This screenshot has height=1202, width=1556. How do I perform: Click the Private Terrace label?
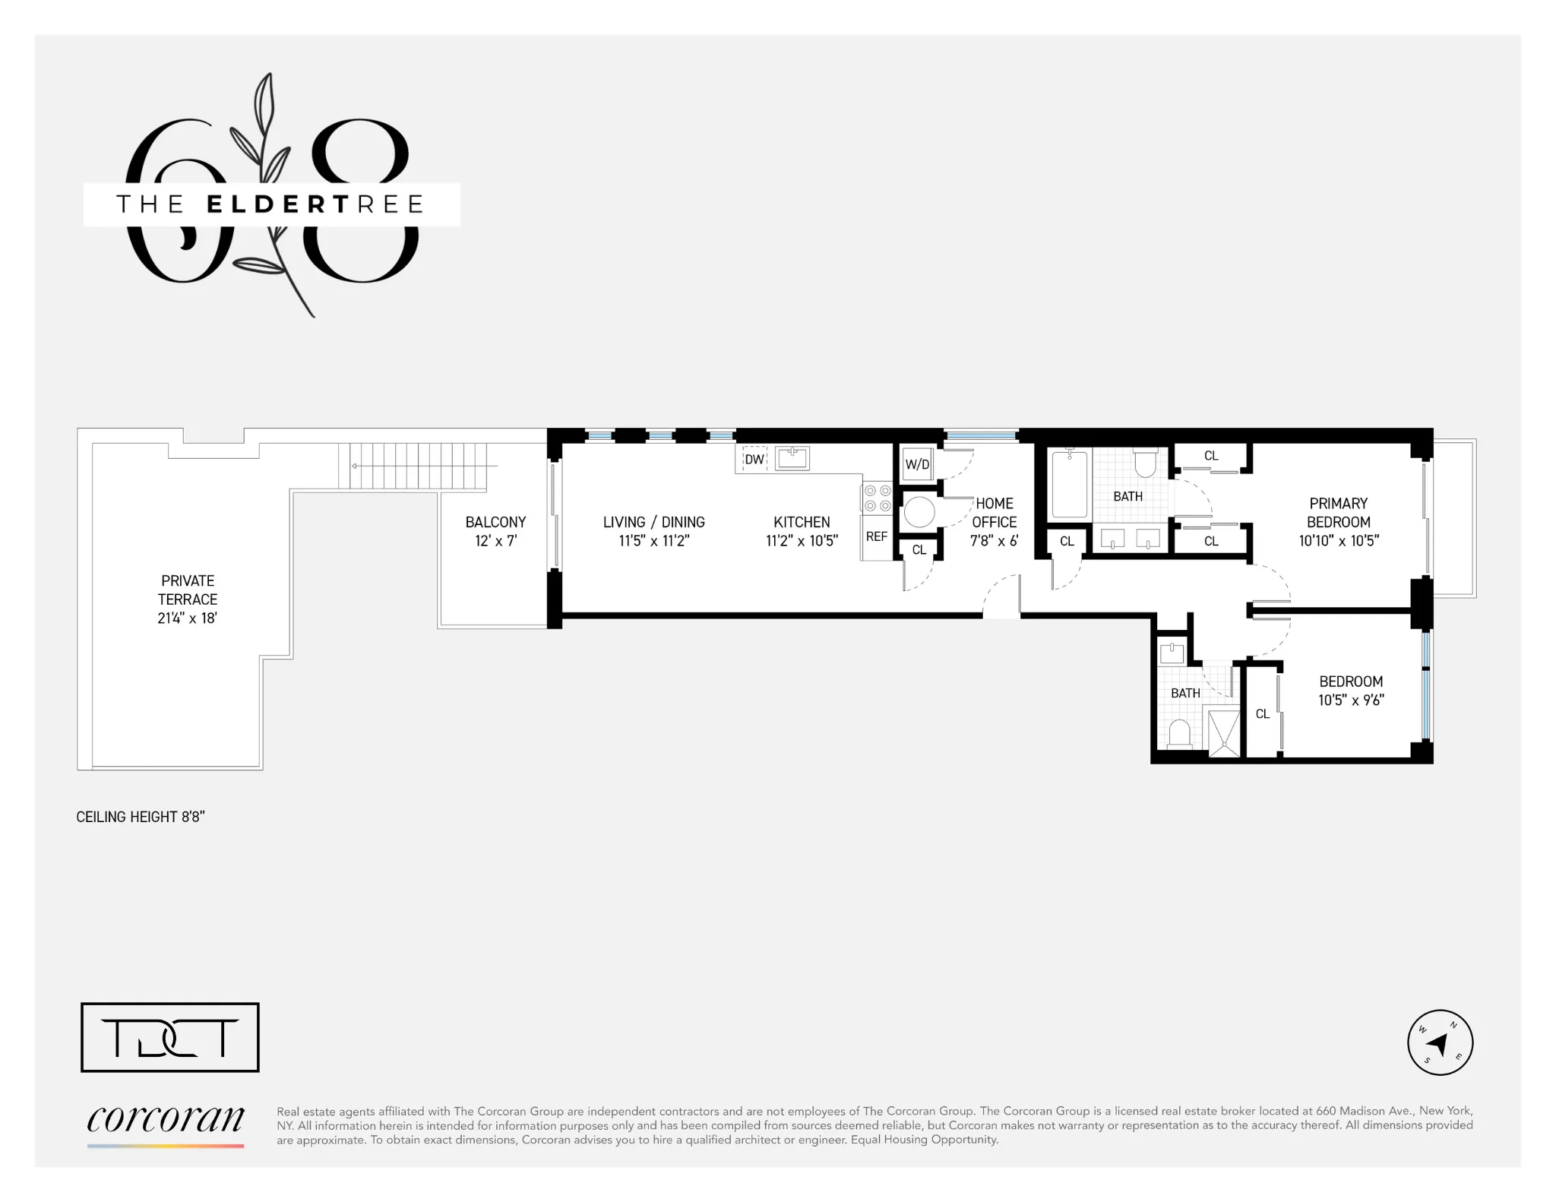click(x=187, y=599)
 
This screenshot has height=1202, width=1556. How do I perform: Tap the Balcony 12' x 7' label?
click(x=495, y=531)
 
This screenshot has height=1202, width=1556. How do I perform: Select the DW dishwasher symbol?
click(x=754, y=459)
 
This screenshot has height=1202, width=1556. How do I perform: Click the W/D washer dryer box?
click(x=917, y=464)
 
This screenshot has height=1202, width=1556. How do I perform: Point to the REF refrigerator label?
click(x=876, y=536)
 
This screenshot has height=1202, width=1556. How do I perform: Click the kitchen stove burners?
click(x=877, y=498)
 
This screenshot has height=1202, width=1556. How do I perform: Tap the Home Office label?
click(x=994, y=521)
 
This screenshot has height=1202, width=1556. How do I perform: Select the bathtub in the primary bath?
click(x=1070, y=483)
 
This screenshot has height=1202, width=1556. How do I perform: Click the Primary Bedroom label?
click(x=1338, y=521)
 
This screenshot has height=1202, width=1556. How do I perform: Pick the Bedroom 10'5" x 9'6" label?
click(x=1350, y=691)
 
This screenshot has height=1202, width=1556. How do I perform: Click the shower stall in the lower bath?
click(x=1223, y=732)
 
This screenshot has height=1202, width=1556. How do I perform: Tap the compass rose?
click(x=1440, y=1042)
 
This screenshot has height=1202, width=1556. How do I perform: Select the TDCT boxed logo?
click(x=170, y=1037)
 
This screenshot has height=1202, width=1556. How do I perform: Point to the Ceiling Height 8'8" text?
click(x=141, y=817)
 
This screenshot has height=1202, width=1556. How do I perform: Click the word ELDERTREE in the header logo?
click(x=315, y=204)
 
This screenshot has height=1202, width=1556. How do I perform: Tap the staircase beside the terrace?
click(x=418, y=466)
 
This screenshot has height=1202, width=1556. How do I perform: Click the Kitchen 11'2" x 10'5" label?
click(x=802, y=531)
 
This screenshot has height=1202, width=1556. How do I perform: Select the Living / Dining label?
click(x=653, y=531)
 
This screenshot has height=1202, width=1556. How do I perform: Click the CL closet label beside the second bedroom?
click(x=1263, y=713)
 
